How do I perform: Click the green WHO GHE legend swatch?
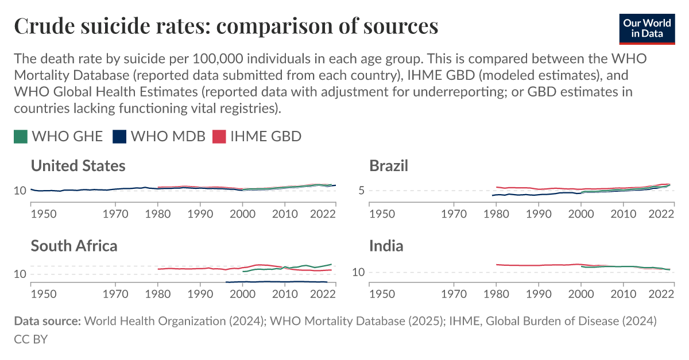(x=21, y=137)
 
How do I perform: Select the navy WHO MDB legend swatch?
(x=119, y=137)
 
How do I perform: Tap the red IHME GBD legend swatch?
(x=219, y=137)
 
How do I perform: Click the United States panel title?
(x=78, y=167)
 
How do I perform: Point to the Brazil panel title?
(x=389, y=167)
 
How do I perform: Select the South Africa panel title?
(x=74, y=246)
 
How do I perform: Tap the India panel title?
(x=386, y=246)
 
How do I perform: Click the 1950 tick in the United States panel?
(x=43, y=214)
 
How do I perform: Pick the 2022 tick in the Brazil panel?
(x=661, y=214)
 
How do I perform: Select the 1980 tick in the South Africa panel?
(x=158, y=294)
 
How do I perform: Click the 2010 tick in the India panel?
(x=624, y=294)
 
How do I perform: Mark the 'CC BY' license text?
(x=30, y=339)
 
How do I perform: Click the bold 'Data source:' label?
(x=47, y=321)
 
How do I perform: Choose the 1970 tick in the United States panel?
(x=115, y=214)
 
